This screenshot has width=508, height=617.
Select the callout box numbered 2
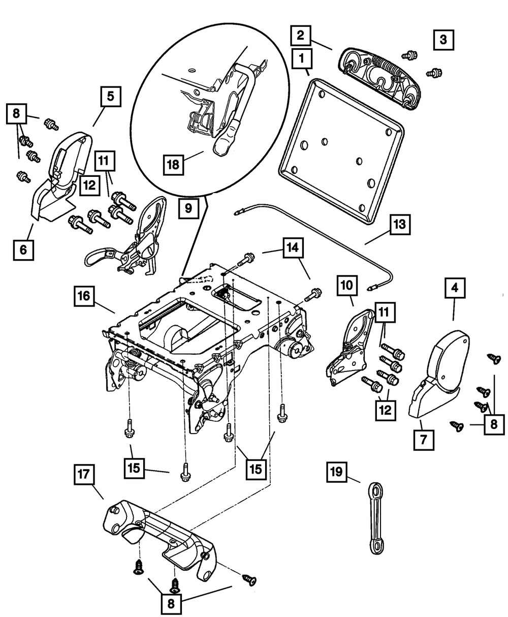(x=301, y=36)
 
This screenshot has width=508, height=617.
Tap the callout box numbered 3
(x=443, y=40)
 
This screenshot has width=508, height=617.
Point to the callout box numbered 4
(x=455, y=288)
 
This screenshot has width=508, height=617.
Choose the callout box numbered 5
(x=111, y=96)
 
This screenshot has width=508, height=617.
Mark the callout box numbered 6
(x=23, y=249)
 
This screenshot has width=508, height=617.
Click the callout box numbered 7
(x=424, y=438)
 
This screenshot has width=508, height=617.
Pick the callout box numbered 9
(x=188, y=208)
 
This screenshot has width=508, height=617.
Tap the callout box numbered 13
(x=400, y=224)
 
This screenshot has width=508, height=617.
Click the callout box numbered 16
(x=84, y=296)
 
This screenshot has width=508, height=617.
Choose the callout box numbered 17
(x=84, y=476)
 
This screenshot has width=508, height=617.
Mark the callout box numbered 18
(x=174, y=164)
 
